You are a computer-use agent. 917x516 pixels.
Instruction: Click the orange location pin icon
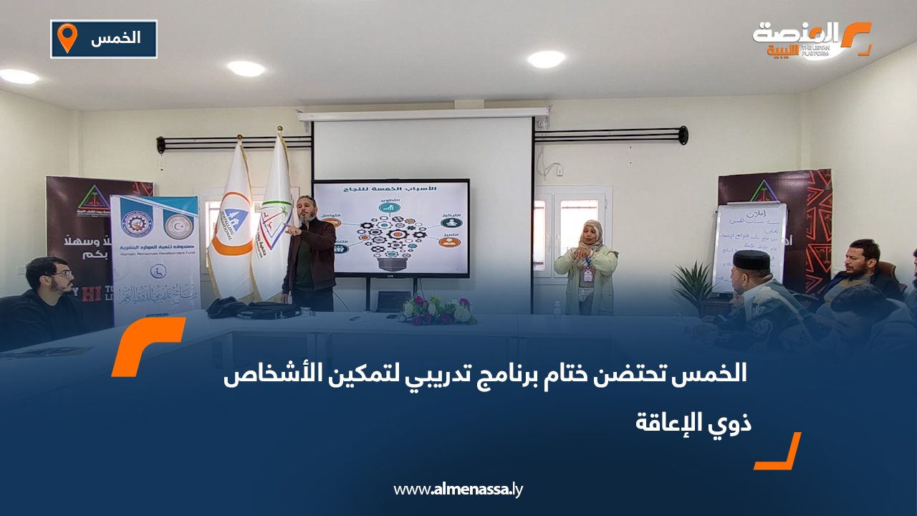click(x=67, y=38)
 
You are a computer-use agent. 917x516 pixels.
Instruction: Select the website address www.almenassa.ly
click(x=458, y=490)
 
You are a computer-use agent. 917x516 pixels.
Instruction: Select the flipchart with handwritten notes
click(x=749, y=247)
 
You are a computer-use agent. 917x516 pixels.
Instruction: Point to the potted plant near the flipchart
click(x=693, y=283)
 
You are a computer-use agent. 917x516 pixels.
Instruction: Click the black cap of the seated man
click(x=750, y=260)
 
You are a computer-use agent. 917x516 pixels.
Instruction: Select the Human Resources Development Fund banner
click(x=155, y=258)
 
